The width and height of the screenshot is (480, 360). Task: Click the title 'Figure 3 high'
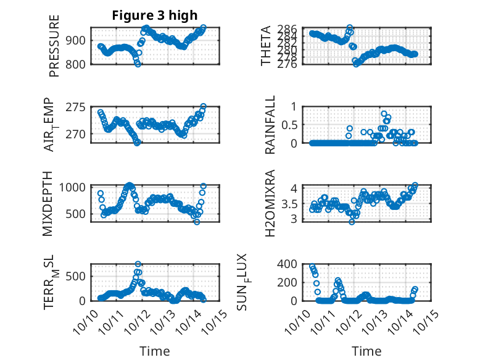(x=155, y=15)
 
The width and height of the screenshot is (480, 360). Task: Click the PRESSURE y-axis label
(x=54, y=50)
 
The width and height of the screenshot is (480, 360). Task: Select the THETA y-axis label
(x=266, y=46)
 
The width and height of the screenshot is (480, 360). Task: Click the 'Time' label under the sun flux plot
(x=366, y=351)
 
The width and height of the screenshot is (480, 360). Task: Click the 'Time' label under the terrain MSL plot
(x=154, y=351)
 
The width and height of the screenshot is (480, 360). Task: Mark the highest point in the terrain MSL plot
(x=138, y=264)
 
